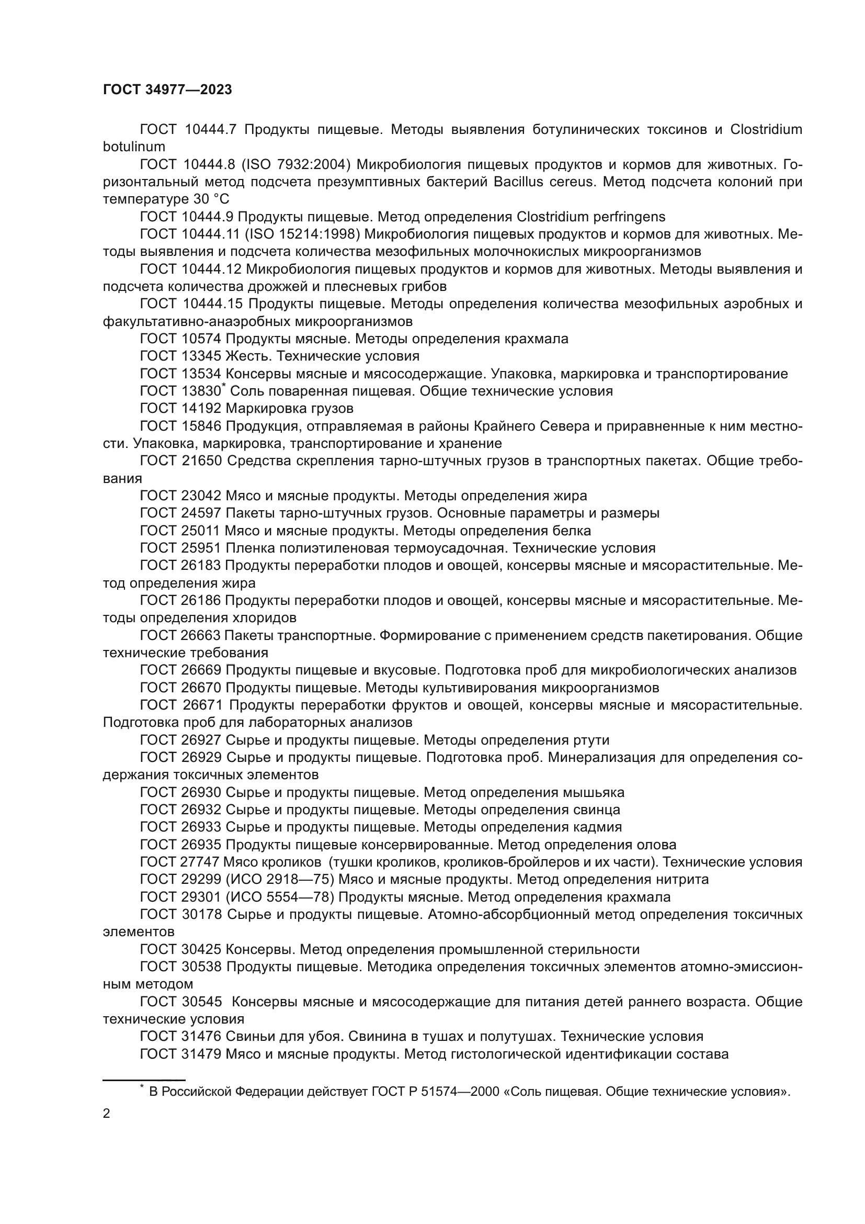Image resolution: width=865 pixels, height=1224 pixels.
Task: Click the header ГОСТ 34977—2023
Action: pyautogui.click(x=167, y=89)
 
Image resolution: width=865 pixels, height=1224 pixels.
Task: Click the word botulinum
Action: pyautogui.click(x=134, y=147)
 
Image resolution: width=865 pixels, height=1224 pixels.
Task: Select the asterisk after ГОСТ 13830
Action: pyautogui.click(x=224, y=385)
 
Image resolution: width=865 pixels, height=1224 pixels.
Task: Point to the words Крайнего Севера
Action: pyautogui.click(x=534, y=426)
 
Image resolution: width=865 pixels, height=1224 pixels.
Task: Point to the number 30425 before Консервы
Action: pyautogui.click(x=201, y=949)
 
